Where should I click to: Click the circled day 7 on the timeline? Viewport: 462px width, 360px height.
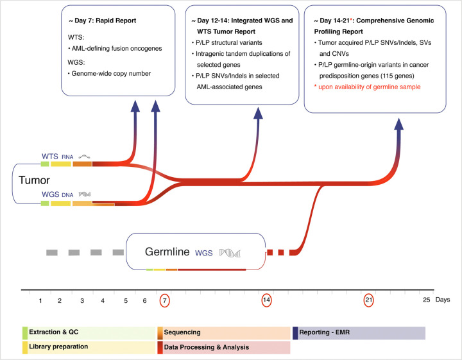(x=165, y=300)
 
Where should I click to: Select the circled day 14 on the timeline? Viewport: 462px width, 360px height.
(x=267, y=300)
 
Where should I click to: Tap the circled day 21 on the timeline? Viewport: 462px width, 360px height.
(x=368, y=300)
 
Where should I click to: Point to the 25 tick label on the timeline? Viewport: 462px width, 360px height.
(x=427, y=300)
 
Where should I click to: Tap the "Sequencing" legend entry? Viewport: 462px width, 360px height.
(x=183, y=332)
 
